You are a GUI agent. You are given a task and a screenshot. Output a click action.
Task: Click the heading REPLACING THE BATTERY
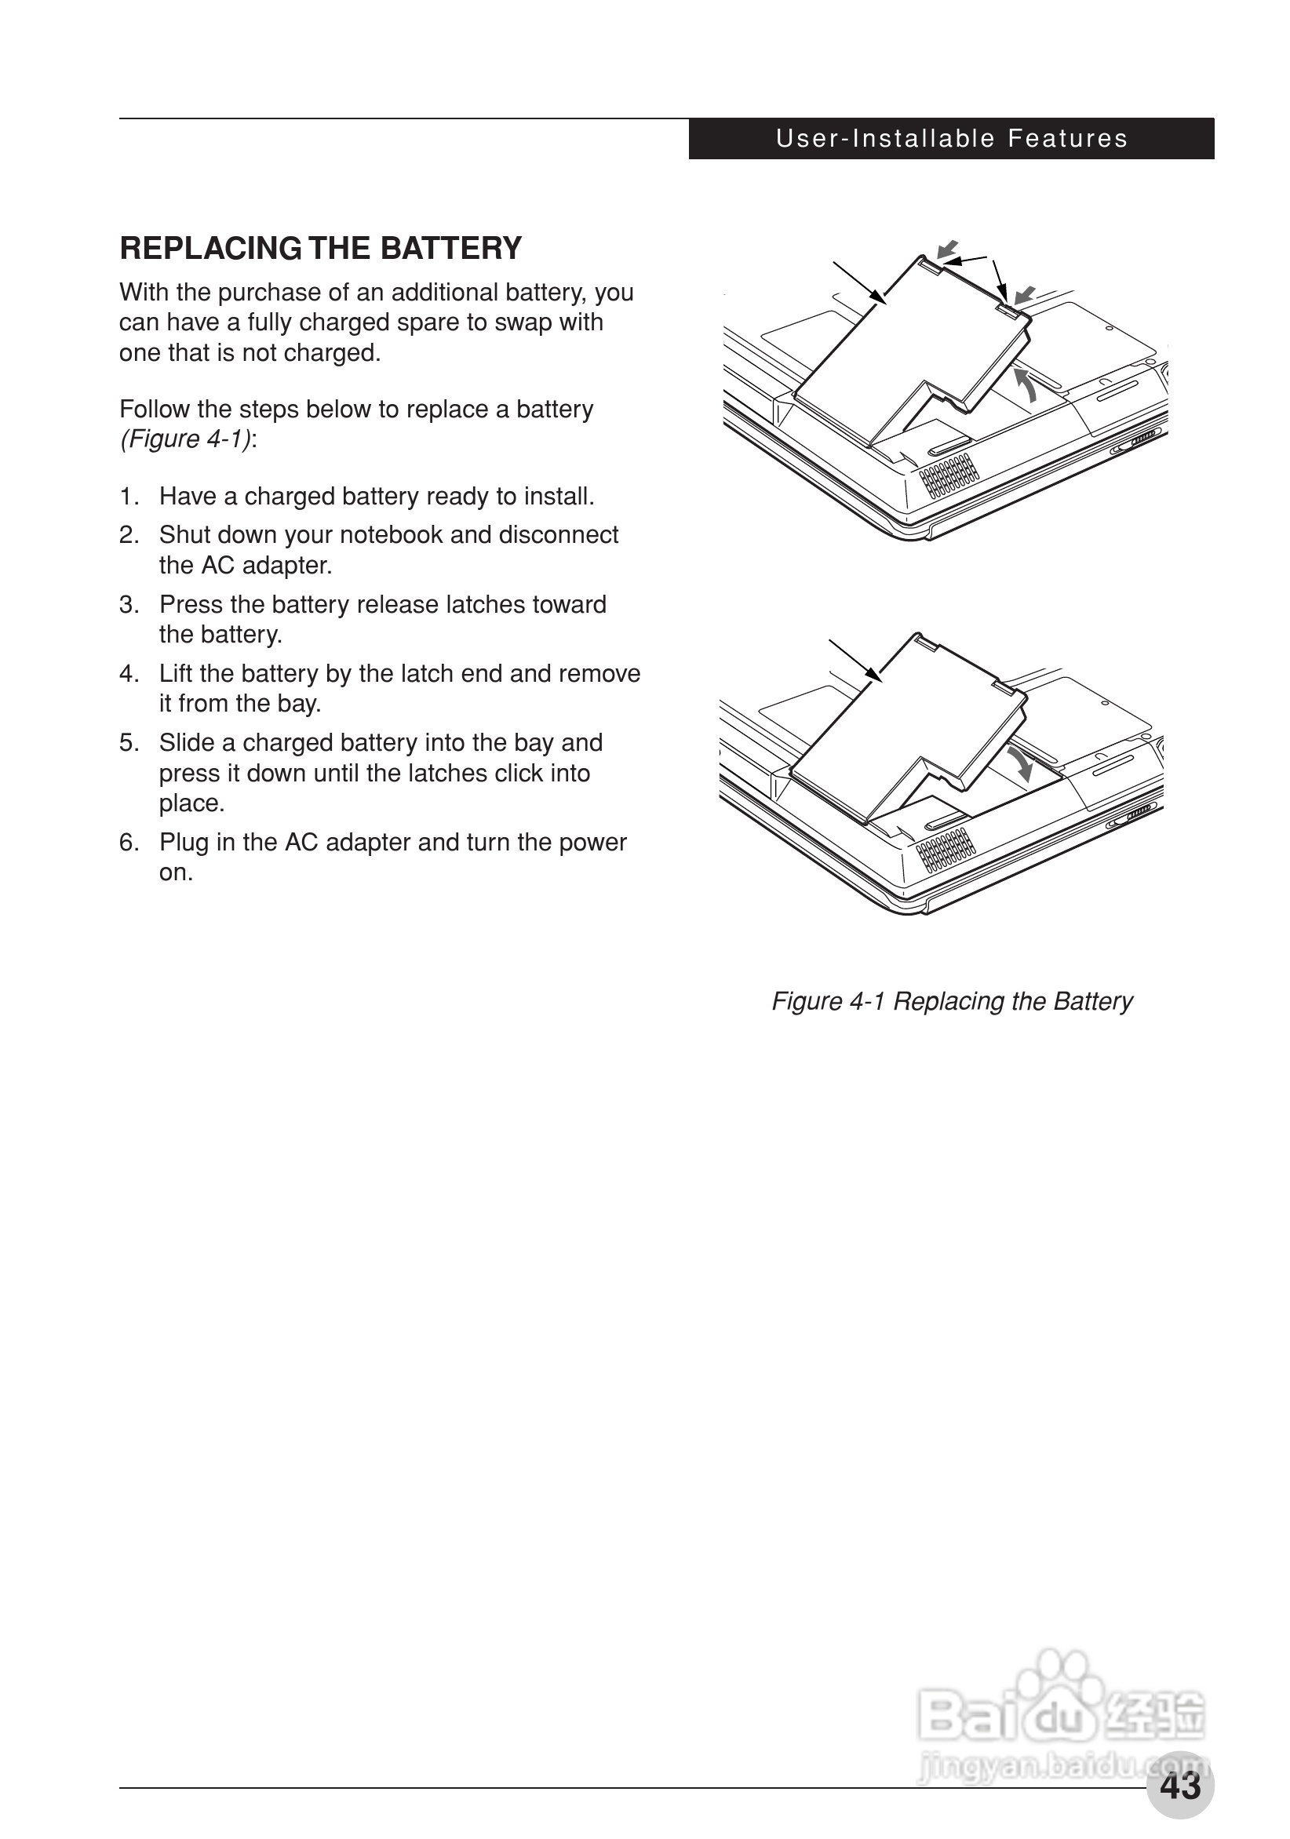click(320, 248)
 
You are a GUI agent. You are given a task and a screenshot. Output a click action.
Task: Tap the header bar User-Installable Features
click(951, 139)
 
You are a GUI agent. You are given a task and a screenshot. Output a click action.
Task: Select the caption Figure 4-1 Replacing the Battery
click(952, 1001)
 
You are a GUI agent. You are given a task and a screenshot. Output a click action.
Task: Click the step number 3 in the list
click(128, 605)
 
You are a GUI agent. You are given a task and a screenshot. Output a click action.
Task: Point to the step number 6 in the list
click(128, 843)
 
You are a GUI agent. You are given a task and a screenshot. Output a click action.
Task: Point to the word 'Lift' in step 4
click(176, 674)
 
